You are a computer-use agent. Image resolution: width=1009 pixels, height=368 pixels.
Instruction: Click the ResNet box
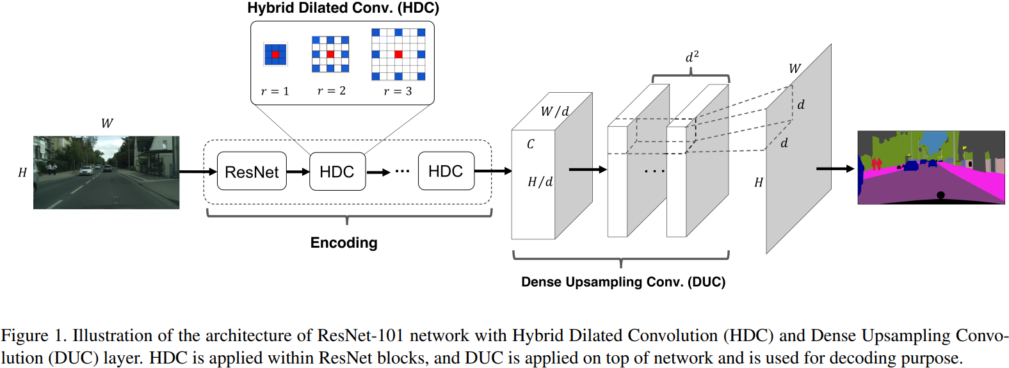252,172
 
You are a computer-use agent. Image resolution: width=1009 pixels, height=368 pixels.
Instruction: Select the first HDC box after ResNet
337,172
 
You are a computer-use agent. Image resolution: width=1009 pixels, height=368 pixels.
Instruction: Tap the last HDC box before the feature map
446,172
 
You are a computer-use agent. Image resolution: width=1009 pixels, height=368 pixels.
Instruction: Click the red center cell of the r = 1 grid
275,54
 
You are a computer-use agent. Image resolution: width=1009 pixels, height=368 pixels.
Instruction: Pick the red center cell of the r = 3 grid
398,54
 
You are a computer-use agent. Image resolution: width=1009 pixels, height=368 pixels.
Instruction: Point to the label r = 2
331,91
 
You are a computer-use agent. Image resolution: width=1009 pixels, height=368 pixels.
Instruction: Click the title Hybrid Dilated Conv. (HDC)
343,8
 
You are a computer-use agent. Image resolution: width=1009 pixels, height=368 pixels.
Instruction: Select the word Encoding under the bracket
344,243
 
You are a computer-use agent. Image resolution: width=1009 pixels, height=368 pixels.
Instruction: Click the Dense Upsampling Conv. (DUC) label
623,282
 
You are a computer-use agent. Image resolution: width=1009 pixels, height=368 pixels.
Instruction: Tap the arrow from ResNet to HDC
298,172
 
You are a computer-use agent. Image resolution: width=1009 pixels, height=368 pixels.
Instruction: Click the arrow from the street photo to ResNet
198,172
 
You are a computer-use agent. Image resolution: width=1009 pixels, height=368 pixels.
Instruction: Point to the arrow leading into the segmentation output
835,169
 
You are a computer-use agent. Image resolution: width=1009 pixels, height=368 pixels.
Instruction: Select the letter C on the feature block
530,144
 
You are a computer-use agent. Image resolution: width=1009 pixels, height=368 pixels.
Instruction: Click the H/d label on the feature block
540,182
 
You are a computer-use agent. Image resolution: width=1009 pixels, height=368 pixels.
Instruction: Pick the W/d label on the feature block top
554,111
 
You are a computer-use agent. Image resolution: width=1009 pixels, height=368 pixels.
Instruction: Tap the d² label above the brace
692,57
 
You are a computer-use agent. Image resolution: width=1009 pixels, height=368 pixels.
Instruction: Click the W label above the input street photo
107,124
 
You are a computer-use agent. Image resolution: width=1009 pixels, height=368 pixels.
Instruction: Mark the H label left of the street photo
22,172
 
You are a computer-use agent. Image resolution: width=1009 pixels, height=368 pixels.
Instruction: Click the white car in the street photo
86,170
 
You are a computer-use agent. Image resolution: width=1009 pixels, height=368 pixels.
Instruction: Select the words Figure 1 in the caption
33,336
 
